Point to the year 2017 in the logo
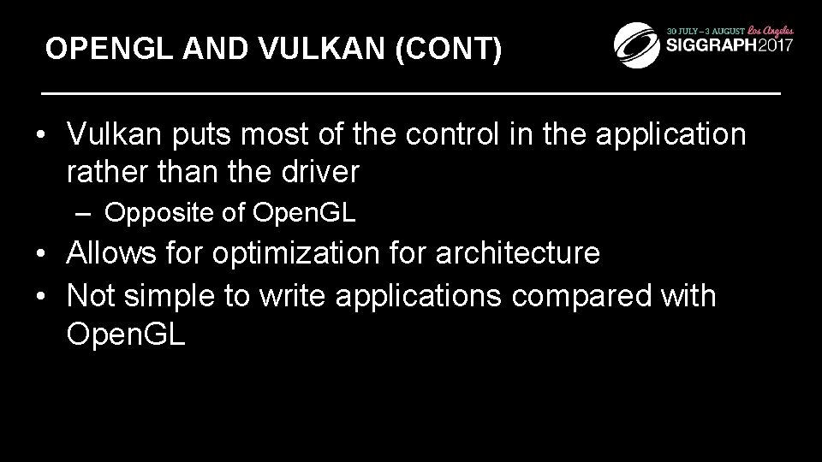click(x=771, y=45)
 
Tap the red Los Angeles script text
click(x=773, y=27)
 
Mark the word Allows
click(x=115, y=254)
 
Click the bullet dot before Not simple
click(x=39, y=297)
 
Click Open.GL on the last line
click(x=126, y=334)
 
